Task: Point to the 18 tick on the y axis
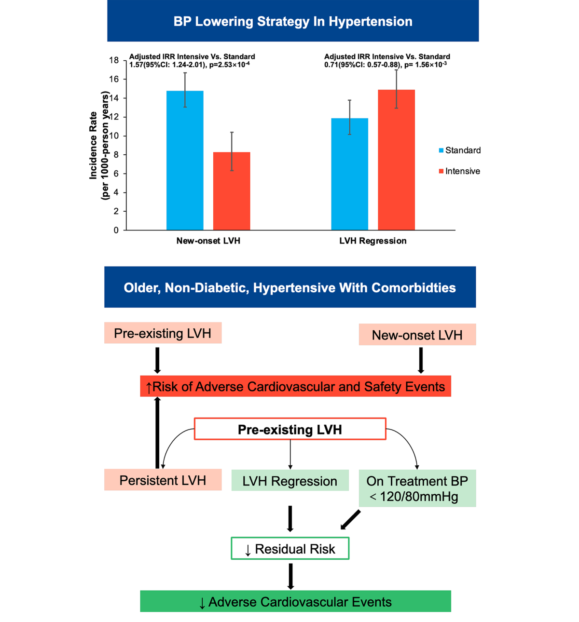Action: [x=114, y=60]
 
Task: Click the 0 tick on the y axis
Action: [x=116, y=230]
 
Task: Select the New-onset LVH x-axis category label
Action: [x=208, y=241]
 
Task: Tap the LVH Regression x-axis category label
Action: [x=372, y=241]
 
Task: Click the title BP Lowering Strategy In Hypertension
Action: [x=293, y=21]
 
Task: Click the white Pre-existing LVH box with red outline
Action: [x=290, y=429]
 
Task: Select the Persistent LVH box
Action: [x=163, y=480]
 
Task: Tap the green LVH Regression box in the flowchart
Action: [x=290, y=481]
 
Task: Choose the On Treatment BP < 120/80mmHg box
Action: [x=417, y=488]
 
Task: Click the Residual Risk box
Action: [x=290, y=549]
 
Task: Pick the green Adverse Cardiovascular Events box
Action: [x=295, y=602]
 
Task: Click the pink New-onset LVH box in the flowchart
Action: [x=417, y=335]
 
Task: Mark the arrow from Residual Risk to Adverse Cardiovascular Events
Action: [x=290, y=576]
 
